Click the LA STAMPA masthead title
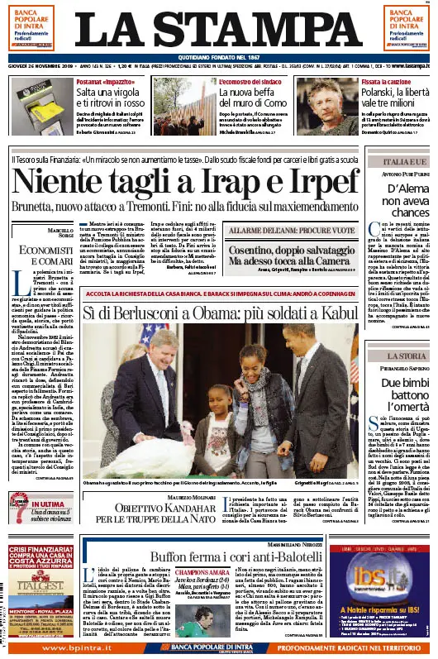tap(218, 27)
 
